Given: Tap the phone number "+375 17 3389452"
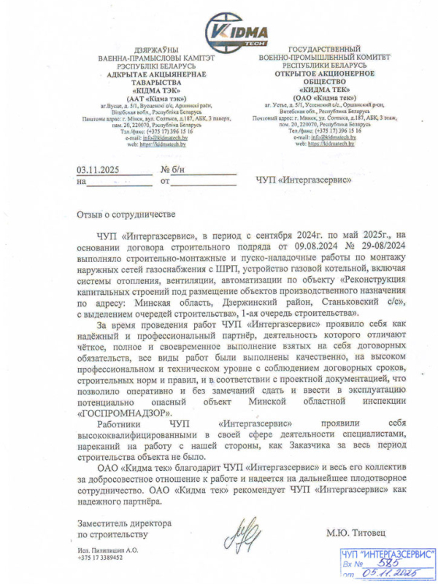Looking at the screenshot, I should coord(100,557).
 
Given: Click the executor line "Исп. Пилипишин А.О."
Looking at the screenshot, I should coord(107,549).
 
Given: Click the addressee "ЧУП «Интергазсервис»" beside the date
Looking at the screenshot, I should coord(304,179).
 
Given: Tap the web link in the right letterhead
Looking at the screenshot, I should coord(331,145).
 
